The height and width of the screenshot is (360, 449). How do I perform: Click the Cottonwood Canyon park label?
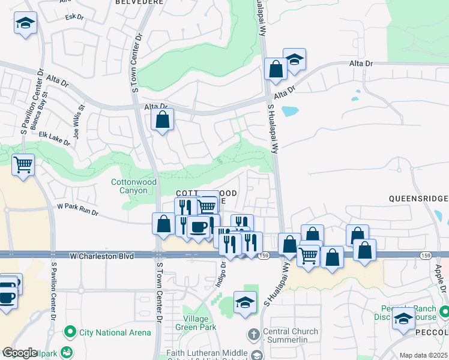click(x=134, y=186)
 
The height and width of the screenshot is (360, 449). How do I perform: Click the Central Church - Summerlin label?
click(x=291, y=336)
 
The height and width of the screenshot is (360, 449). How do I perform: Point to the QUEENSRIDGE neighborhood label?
click(x=418, y=198)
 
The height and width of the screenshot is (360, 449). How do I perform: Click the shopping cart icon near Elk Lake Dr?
click(x=23, y=164)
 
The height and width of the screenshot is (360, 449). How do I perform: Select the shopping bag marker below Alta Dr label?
click(x=163, y=119)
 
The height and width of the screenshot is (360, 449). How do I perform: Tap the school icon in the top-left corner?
click(x=25, y=24)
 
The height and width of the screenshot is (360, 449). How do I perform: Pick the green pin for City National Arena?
click(x=71, y=331)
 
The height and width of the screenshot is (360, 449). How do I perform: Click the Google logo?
click(x=19, y=353)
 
